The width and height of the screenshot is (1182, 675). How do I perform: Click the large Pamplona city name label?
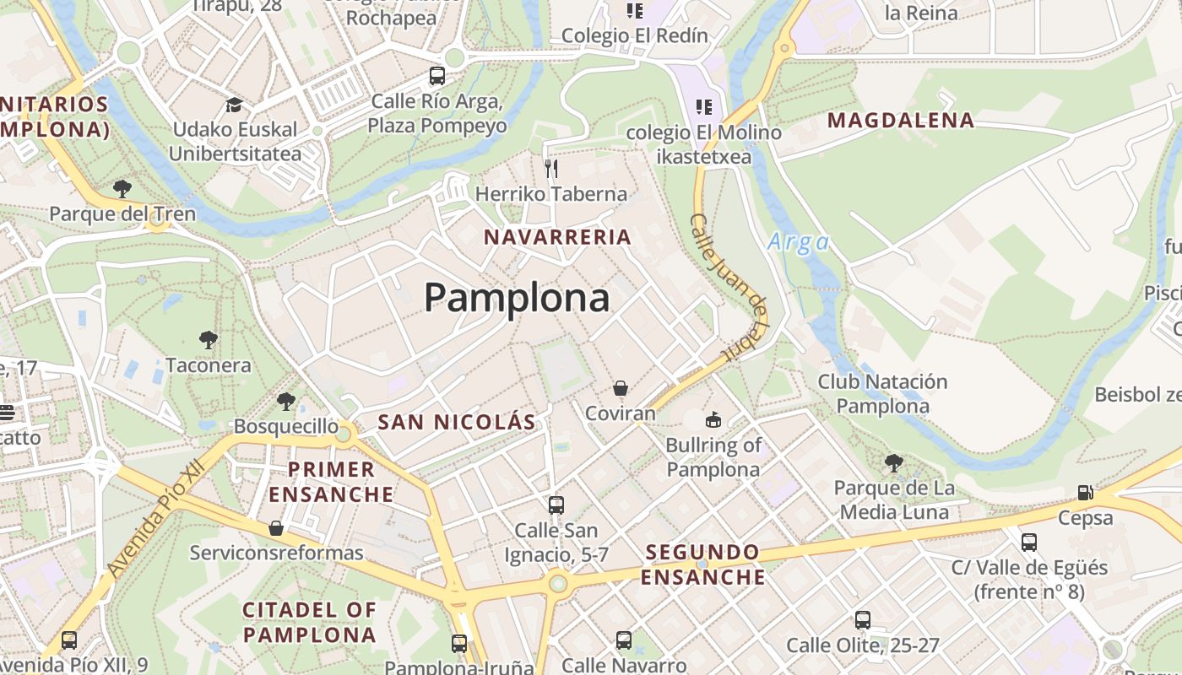[x=516, y=298]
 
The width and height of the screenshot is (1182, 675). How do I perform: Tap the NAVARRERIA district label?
[x=557, y=237]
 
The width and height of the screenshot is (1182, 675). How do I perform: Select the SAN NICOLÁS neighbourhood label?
[x=456, y=422]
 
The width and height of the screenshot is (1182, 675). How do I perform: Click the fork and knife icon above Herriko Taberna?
[x=551, y=169]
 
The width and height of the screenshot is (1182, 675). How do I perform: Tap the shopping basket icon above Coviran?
[x=621, y=388]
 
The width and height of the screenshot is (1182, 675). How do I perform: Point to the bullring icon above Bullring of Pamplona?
[x=713, y=419]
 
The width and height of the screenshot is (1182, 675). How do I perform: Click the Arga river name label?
[x=798, y=243]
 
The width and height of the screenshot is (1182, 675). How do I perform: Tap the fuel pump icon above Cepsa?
[x=1085, y=493]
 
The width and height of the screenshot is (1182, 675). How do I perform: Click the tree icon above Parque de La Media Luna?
[x=893, y=462]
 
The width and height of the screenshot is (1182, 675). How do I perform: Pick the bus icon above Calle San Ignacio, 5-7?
[x=556, y=505]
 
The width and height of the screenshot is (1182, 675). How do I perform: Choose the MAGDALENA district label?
[x=901, y=120]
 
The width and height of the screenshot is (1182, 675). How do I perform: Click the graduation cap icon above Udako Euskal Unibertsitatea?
[x=234, y=105]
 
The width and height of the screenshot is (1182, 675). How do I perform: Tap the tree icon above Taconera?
[x=208, y=340]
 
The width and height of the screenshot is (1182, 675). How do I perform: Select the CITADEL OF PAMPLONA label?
[x=310, y=622]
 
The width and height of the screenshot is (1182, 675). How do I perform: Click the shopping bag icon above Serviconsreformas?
[x=275, y=528]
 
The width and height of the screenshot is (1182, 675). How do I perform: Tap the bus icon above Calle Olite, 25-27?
[x=862, y=620]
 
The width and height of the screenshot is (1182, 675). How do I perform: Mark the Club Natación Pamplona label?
[x=882, y=393]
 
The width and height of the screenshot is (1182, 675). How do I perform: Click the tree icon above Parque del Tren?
[x=122, y=188]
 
